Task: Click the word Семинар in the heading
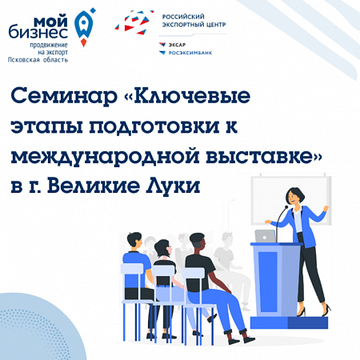click(64, 95)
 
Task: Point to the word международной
click(105, 156)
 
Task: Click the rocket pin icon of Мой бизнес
click(84, 27)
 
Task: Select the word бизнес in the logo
click(38, 32)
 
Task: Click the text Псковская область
click(38, 60)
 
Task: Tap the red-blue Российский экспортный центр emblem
click(135, 22)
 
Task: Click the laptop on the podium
click(265, 236)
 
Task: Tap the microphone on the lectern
click(281, 223)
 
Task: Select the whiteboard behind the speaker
click(290, 201)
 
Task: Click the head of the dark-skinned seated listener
click(198, 242)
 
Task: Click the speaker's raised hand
click(326, 208)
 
